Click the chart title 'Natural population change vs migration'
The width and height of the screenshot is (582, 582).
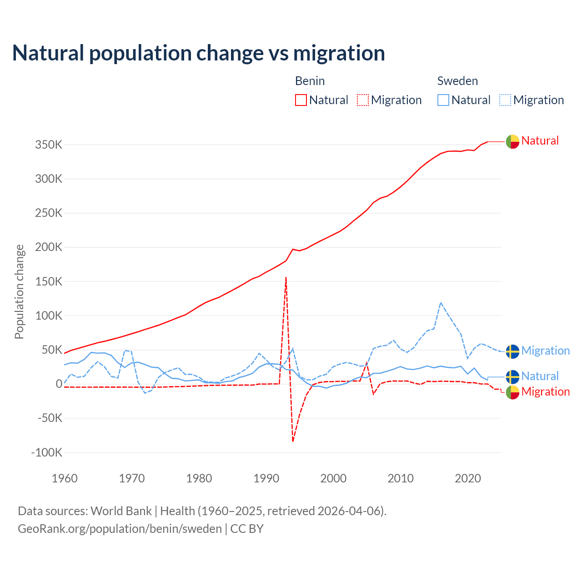tap(199, 53)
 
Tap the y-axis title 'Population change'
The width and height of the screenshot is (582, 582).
tap(19, 291)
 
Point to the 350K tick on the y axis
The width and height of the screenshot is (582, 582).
tap(49, 145)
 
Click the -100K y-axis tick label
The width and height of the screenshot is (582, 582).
tap(46, 452)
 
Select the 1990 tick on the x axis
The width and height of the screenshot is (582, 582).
tap(266, 478)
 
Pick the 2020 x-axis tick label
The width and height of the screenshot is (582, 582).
tap(468, 478)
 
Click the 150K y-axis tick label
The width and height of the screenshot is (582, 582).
tap(49, 281)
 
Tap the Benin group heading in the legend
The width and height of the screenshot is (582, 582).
tap(310, 81)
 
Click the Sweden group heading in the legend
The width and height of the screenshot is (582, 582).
tap(457, 81)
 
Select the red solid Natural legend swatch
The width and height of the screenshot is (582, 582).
tap(301, 100)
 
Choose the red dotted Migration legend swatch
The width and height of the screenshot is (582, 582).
tap(363, 100)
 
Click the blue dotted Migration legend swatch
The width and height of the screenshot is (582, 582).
tap(505, 100)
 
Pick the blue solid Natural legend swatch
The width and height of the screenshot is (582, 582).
tap(443, 100)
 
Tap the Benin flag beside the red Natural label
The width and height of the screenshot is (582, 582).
tap(512, 142)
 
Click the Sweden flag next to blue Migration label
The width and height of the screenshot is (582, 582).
tap(512, 351)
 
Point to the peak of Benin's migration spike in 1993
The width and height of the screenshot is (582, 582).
tap(286, 277)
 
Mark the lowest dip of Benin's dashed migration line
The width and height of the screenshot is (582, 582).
tap(293, 441)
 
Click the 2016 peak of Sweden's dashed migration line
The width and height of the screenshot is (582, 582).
tap(441, 302)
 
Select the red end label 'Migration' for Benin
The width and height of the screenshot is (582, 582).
tap(545, 391)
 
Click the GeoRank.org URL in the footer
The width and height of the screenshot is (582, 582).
tap(120, 529)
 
